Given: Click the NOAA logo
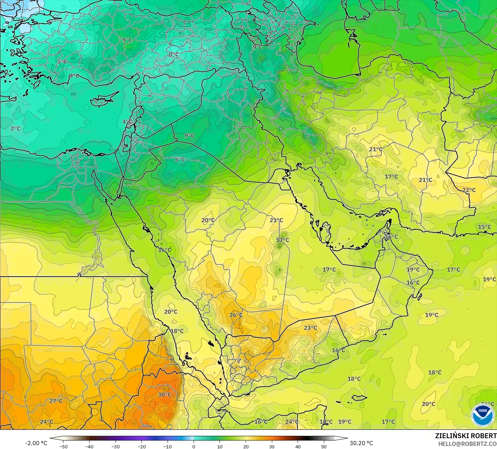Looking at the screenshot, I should (483, 415).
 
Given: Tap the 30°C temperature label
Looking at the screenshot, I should (164, 395).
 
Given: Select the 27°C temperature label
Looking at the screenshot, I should (56, 401).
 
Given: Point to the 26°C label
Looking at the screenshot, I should (236, 315).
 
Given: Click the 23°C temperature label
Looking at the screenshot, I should (310, 328).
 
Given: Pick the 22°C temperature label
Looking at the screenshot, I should (469, 190).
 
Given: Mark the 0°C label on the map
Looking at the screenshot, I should (174, 54).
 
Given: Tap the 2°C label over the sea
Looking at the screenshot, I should (15, 129).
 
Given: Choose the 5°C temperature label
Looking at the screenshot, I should (62, 61).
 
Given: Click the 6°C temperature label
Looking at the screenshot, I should (180, 159).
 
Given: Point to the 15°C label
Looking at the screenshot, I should (484, 227).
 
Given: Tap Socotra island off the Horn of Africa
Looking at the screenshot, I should (358, 398).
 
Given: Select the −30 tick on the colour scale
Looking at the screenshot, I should (116, 446).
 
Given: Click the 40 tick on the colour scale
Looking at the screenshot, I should (298, 446).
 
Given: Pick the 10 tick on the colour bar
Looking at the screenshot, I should (220, 446).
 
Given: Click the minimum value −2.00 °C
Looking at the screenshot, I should (36, 443).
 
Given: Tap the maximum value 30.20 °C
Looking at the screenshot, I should (361, 443).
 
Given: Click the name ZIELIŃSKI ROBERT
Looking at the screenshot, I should (466, 436).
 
